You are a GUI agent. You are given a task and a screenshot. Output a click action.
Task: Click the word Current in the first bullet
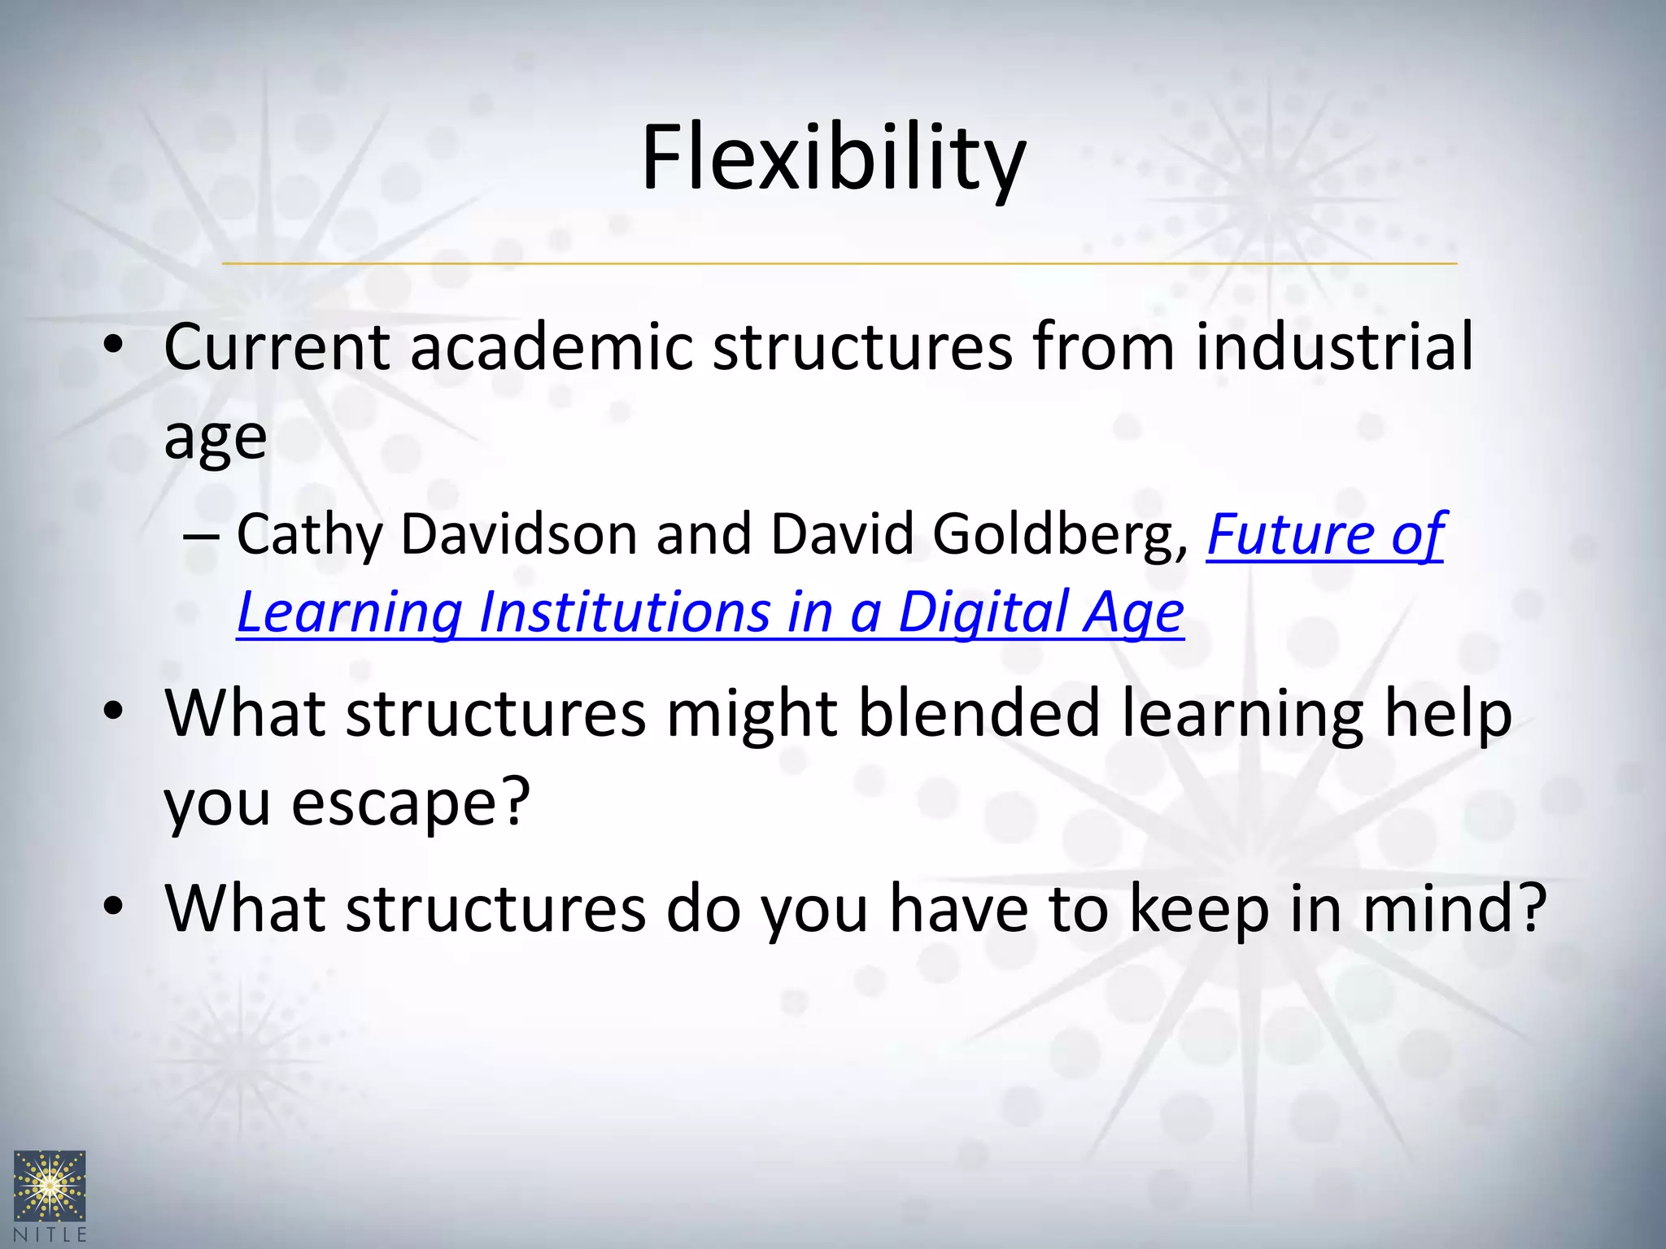coord(277,347)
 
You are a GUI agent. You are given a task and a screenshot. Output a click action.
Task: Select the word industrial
coord(1334,347)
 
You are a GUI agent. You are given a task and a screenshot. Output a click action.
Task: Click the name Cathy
coord(309,536)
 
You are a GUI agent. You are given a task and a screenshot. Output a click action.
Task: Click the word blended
coord(979,714)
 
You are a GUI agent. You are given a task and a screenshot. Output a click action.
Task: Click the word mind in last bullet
coord(1440,908)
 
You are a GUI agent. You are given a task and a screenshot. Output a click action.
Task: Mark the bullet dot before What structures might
coord(113,712)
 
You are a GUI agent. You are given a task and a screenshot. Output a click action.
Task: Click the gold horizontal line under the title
coord(838,263)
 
